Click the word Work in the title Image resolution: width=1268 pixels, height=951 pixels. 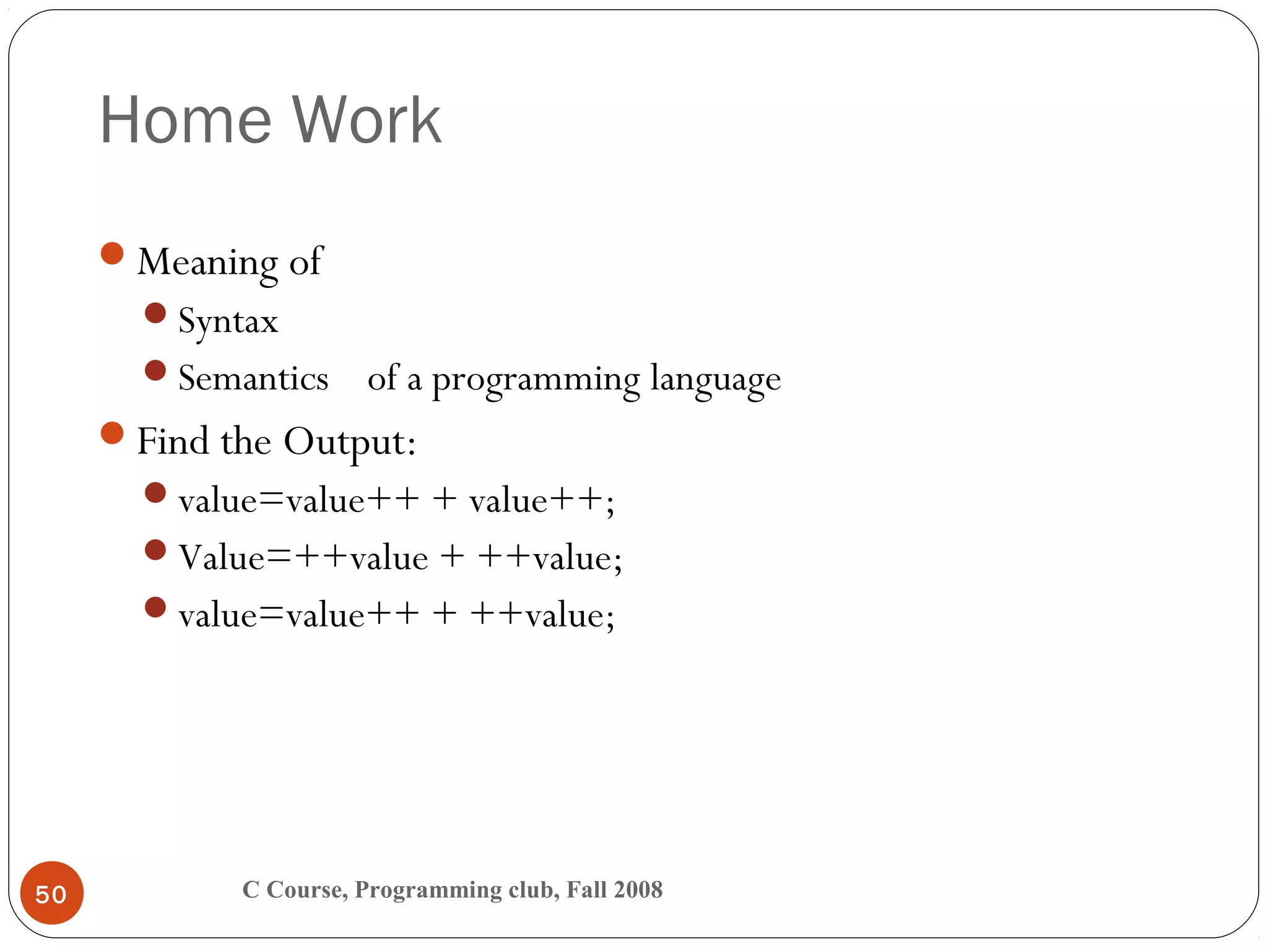point(367,120)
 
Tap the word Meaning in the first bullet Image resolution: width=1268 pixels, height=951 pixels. point(207,263)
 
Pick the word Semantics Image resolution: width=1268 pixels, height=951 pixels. point(253,379)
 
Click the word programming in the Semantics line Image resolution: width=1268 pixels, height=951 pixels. point(536,380)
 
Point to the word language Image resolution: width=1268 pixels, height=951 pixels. point(715,380)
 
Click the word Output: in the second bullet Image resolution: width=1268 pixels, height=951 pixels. point(350,442)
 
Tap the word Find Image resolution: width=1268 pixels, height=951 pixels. point(173,442)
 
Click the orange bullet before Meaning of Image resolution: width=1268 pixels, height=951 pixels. point(112,253)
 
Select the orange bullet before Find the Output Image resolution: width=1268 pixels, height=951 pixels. point(112,433)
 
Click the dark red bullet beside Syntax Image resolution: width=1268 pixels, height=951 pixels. point(155,313)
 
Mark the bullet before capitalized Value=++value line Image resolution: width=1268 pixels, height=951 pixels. point(155,550)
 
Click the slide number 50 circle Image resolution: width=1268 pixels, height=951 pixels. point(52,893)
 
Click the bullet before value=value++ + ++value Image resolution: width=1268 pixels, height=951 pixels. point(155,607)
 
